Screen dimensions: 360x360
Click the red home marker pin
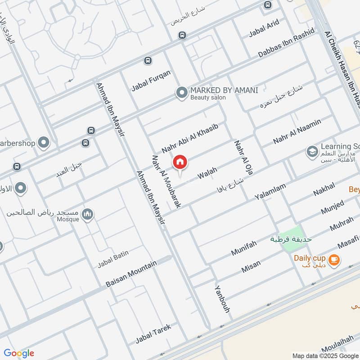(x=180, y=162)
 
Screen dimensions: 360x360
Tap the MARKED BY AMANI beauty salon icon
(x=182, y=93)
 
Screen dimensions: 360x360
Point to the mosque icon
(x=88, y=214)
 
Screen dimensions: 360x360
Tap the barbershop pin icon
(x=44, y=143)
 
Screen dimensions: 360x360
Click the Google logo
(x=19, y=353)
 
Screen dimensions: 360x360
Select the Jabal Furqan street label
(x=151, y=81)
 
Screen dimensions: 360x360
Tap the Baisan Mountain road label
(x=131, y=274)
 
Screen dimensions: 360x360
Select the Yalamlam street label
(x=270, y=192)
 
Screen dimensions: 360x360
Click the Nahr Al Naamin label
(x=297, y=131)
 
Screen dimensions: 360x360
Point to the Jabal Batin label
(x=113, y=259)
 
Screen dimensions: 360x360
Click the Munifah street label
(x=243, y=248)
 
